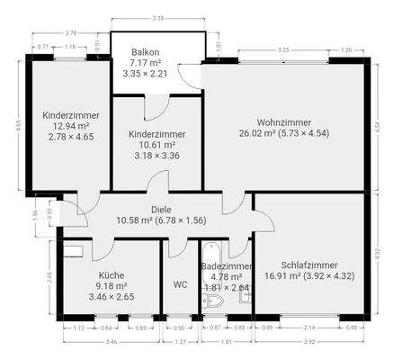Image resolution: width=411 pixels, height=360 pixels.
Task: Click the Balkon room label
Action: (x=144, y=52)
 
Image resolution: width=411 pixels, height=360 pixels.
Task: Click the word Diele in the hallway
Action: (x=137, y=208)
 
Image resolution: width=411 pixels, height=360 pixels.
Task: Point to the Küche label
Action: (x=112, y=276)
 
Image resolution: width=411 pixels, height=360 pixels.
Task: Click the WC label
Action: (x=180, y=285)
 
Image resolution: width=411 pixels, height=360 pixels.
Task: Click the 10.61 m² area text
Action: (x=156, y=143)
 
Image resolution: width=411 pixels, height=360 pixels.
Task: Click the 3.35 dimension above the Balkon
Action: (x=158, y=17)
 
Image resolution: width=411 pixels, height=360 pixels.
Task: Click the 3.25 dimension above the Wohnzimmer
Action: (x=283, y=50)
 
